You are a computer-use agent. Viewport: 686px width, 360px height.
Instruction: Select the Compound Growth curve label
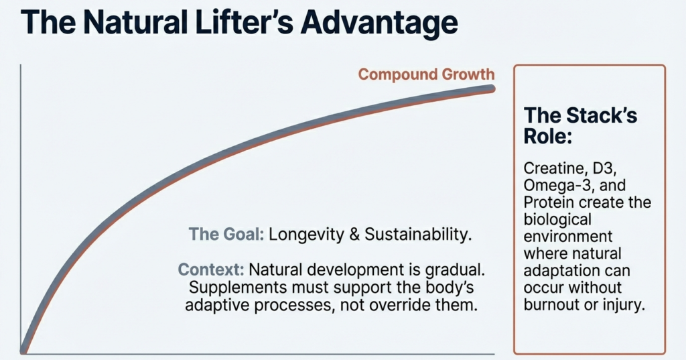click(x=426, y=74)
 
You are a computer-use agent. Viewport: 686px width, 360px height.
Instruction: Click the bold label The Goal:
click(x=227, y=235)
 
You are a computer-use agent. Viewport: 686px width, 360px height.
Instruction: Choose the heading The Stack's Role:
click(x=580, y=125)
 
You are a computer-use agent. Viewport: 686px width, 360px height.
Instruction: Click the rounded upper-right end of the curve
click(x=492, y=89)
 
